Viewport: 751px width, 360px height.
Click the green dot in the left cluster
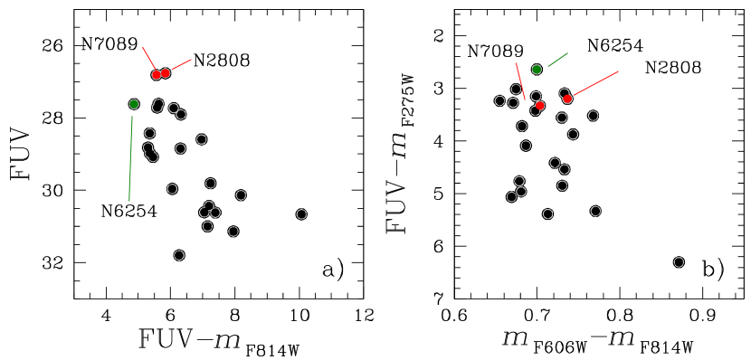point(134,104)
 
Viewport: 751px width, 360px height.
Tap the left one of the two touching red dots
point(157,75)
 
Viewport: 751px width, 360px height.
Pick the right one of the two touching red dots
point(166,73)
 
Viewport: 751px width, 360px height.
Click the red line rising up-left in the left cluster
point(148,58)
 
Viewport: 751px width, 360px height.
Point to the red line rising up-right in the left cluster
point(179,66)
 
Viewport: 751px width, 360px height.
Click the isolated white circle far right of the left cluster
point(301,214)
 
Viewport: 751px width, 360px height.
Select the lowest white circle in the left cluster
point(179,255)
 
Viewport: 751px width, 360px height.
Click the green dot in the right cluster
point(537,70)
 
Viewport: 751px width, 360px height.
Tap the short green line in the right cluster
point(558,59)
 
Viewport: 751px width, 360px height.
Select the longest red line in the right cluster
point(594,84)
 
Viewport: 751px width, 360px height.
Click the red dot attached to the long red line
point(567,99)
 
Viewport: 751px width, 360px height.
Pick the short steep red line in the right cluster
point(520,81)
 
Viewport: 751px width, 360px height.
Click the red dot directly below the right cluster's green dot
point(540,106)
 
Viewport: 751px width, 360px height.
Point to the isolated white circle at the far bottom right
point(679,262)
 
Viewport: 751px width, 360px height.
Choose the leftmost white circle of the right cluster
point(499,100)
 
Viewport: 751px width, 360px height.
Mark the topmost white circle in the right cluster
point(516,90)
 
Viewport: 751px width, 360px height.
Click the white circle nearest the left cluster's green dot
point(157,107)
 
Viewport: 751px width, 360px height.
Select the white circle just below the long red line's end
point(593,116)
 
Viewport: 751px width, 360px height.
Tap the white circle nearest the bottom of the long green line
point(172,189)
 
